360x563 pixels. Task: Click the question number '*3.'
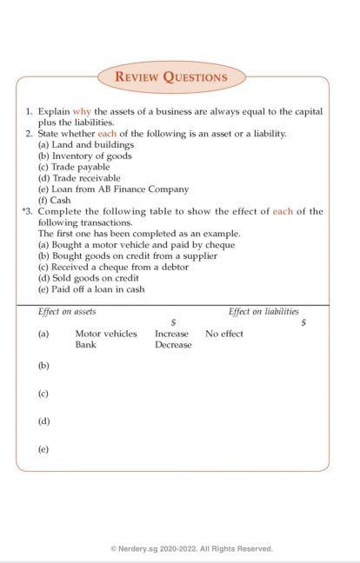(27, 211)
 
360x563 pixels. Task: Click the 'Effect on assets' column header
(67, 311)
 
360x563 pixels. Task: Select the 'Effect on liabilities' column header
(263, 311)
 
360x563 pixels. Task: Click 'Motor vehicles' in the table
(106, 334)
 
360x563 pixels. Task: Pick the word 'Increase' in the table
(171, 334)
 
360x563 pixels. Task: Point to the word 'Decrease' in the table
(173, 345)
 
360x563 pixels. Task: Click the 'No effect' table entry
(224, 334)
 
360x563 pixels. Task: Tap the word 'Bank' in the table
(85, 345)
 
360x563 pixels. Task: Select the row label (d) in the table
(43, 421)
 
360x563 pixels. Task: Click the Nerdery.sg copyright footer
(191, 548)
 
